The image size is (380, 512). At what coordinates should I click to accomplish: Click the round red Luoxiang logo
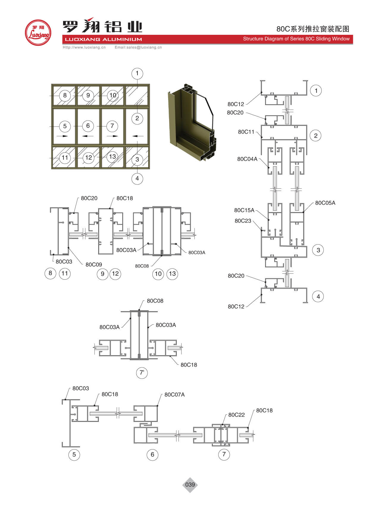[38, 33]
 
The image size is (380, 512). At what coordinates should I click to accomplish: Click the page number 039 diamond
[190, 485]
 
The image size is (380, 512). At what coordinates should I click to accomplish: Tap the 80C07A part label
[174, 394]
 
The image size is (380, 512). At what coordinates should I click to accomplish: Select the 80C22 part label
[236, 415]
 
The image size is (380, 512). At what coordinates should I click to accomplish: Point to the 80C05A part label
[325, 203]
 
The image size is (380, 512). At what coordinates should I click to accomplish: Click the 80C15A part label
[244, 210]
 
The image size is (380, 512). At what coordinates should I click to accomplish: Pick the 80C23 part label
[243, 221]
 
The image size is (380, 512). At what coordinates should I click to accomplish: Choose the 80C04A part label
[247, 159]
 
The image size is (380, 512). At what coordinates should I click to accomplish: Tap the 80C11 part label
[246, 132]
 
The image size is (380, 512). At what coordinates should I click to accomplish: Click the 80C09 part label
[94, 264]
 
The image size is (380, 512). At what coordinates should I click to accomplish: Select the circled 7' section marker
[142, 372]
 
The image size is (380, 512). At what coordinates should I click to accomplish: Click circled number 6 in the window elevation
[88, 126]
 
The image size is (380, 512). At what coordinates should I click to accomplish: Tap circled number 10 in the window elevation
[113, 95]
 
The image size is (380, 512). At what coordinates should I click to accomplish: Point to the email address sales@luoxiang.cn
[138, 47]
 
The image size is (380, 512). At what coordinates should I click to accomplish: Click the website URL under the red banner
[84, 47]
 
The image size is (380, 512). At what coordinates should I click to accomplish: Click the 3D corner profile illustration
[192, 122]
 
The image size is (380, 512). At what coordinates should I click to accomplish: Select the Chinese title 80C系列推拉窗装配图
[313, 29]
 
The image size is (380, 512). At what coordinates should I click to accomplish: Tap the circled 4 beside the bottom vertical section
[318, 296]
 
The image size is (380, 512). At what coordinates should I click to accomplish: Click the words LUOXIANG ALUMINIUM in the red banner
[103, 39]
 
